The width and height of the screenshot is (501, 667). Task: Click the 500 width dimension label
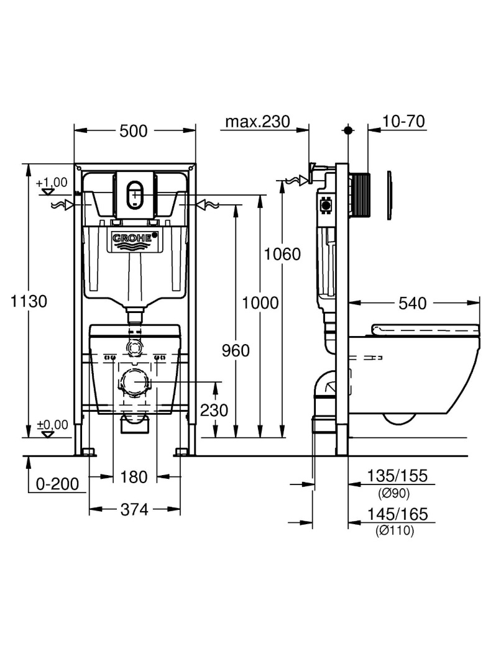[x=133, y=131]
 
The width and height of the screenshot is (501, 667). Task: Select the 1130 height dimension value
[x=29, y=302]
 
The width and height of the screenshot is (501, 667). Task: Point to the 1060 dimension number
[x=282, y=254]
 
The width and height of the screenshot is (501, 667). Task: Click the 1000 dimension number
[x=260, y=303]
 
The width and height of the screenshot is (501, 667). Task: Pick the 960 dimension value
[x=236, y=350]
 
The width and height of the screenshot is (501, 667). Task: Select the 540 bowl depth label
[x=412, y=303]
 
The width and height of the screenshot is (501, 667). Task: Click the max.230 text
[x=257, y=122]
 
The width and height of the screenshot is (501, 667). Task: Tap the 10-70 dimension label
[x=403, y=121]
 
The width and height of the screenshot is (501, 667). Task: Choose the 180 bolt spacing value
[x=134, y=477]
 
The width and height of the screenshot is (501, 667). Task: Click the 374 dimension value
[x=134, y=509]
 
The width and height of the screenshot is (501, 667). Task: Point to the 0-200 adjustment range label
[x=57, y=484]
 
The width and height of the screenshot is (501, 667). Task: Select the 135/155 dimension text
[x=397, y=476]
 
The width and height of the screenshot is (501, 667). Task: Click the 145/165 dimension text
[x=398, y=514]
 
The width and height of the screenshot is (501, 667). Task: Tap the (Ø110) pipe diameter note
[x=395, y=530]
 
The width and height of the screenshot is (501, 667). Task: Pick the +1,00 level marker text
[x=52, y=183]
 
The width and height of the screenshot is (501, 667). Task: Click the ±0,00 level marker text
[x=52, y=425]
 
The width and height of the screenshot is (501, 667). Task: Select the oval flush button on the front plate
[x=135, y=195]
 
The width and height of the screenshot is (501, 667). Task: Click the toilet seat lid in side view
[x=426, y=329]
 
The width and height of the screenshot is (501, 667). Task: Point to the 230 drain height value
[x=214, y=411]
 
